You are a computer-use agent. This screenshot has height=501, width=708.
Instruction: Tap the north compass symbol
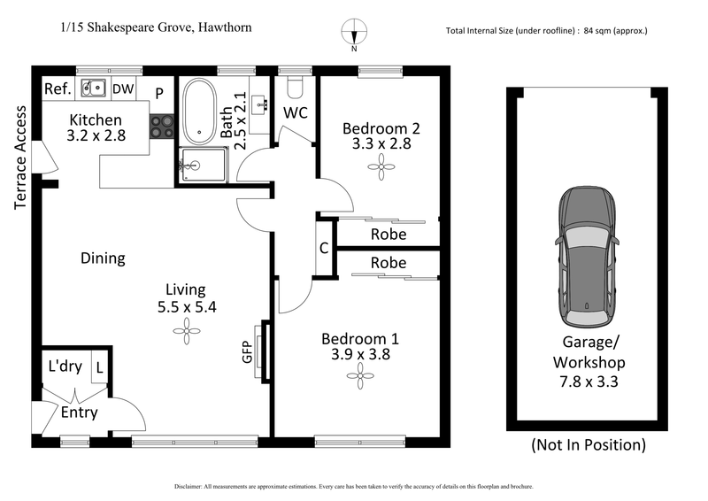354,33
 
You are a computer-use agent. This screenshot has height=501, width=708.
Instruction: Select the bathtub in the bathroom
199,113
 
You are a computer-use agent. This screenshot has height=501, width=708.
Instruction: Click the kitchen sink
92,88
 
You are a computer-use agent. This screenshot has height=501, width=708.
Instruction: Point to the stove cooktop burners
161,127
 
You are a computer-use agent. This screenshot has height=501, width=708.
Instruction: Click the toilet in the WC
296,86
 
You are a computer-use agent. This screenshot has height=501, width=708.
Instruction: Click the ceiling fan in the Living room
187,333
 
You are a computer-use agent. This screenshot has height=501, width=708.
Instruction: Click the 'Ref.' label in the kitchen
58,89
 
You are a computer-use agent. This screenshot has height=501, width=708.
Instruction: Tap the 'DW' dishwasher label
123,89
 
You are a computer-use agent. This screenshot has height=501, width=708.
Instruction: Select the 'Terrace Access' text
20,158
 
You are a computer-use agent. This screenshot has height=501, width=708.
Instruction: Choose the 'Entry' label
80,412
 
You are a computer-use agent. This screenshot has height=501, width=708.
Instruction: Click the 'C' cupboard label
325,249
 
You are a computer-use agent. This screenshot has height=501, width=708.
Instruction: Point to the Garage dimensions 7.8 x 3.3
589,382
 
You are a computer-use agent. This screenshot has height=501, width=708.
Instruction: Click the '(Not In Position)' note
588,444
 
